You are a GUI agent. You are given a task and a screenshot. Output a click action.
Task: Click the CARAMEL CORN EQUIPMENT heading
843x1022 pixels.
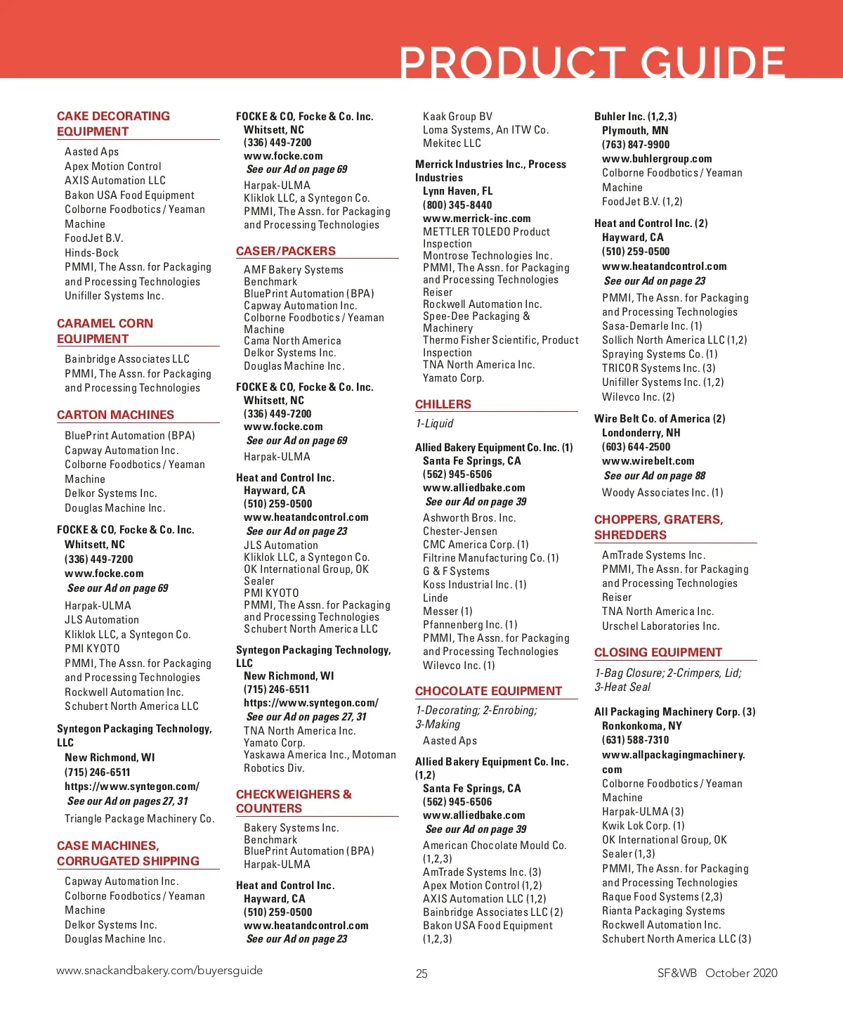point(105,331)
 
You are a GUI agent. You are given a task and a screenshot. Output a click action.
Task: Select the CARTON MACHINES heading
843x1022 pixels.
point(115,415)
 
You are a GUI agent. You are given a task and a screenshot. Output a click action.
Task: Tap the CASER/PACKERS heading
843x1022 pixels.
point(285,251)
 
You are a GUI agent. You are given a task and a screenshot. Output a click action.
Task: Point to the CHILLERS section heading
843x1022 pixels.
point(443,404)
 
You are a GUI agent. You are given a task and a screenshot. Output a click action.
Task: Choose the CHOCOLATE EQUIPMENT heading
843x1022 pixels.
point(488,691)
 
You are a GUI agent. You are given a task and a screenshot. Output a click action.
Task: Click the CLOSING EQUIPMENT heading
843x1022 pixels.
point(658,652)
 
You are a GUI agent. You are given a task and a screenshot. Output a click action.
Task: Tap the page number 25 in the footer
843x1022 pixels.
point(421,974)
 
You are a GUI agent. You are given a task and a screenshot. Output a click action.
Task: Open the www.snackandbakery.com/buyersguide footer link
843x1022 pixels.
point(159,971)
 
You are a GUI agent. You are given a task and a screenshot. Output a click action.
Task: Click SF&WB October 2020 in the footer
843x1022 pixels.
point(717,973)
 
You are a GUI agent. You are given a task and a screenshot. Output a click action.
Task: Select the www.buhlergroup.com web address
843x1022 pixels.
point(656,159)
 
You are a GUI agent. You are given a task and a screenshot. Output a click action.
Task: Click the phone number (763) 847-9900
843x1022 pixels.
point(635,145)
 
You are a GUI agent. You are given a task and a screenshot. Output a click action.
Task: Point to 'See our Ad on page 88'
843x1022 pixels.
point(654,476)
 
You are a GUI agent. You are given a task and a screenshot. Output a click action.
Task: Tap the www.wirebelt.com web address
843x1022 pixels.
point(648,461)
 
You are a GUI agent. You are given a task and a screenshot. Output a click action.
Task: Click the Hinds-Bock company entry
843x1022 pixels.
point(91,253)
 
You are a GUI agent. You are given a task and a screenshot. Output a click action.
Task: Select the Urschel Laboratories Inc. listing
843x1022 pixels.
point(660,626)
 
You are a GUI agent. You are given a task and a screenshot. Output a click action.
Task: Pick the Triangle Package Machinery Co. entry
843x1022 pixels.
point(139,819)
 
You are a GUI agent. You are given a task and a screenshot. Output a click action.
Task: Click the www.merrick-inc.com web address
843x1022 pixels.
point(476,219)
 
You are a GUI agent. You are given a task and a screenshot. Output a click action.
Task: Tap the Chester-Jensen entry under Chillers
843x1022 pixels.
point(459,531)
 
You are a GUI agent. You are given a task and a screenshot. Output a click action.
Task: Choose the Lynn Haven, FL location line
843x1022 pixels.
point(457,191)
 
